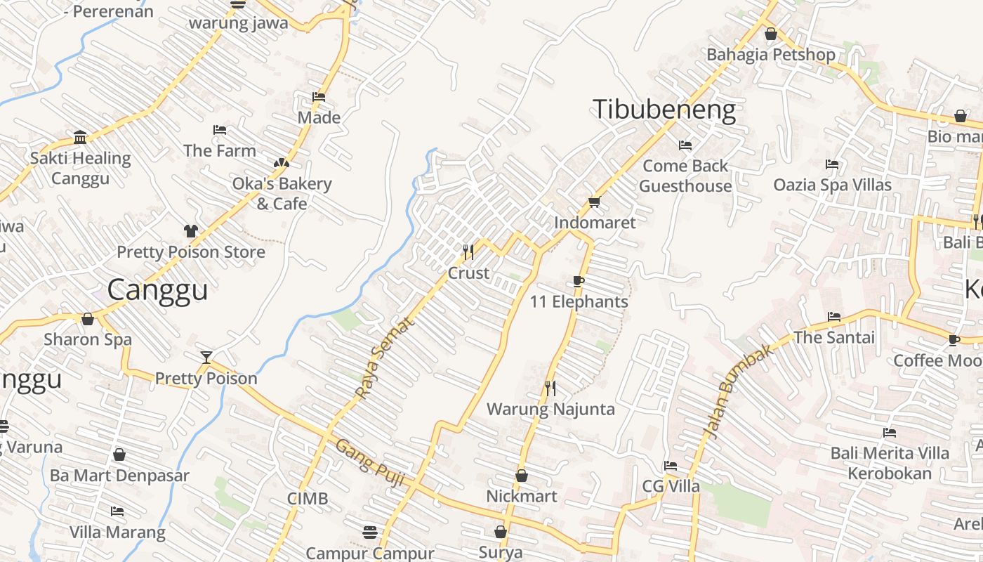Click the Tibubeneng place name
click(x=664, y=110)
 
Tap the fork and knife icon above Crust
click(x=468, y=251)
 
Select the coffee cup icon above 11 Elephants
click(x=579, y=282)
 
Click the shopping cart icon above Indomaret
click(x=594, y=202)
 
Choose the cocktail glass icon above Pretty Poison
click(x=206, y=358)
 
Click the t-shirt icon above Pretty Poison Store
click(x=191, y=230)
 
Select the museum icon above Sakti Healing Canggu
click(x=80, y=137)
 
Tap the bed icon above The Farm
click(x=220, y=130)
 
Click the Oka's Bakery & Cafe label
click(x=282, y=193)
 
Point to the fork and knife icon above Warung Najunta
click(x=550, y=388)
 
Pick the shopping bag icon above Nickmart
click(x=522, y=476)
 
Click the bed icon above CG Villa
click(x=671, y=466)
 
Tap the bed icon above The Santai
click(x=834, y=317)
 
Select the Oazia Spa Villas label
click(x=832, y=185)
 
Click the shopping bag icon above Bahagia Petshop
click(x=770, y=34)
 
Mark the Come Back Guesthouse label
click(x=685, y=176)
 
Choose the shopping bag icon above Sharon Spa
click(x=88, y=319)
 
